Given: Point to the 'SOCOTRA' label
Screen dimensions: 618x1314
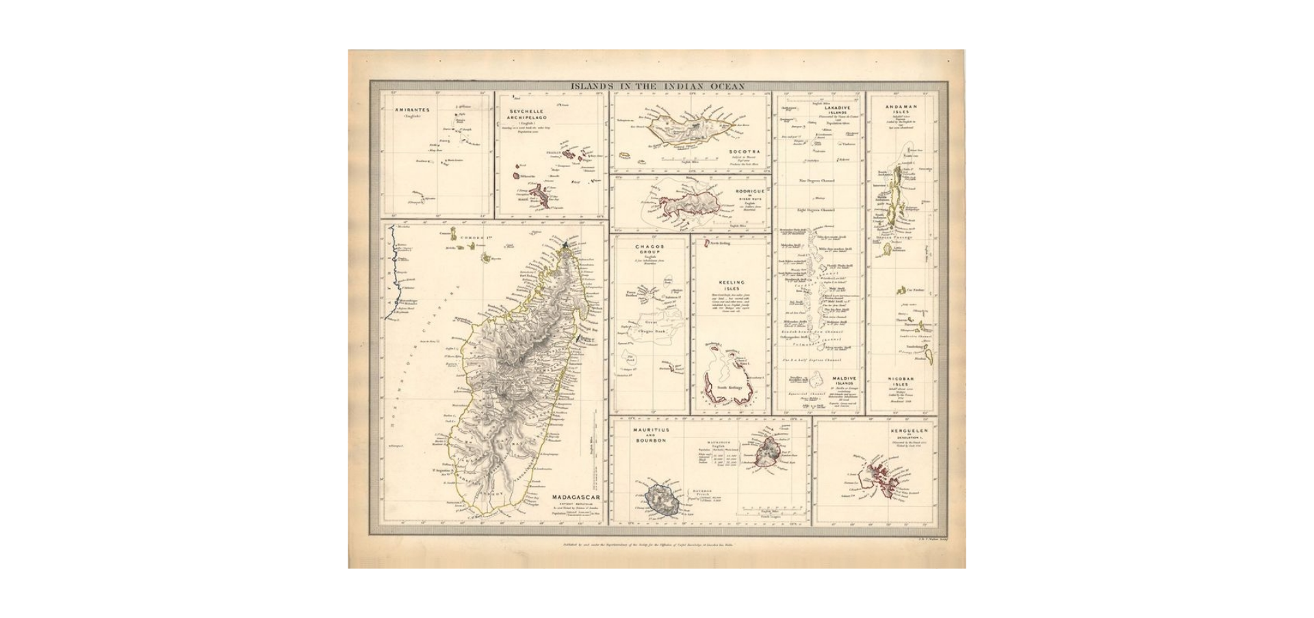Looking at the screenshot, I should pos(745,151).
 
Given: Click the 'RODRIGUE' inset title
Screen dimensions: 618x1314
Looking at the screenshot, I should pos(748,191).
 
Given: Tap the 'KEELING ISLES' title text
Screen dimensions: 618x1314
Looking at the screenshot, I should pos(731,285).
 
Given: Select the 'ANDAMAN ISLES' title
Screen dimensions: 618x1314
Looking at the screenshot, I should pos(901,110).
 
